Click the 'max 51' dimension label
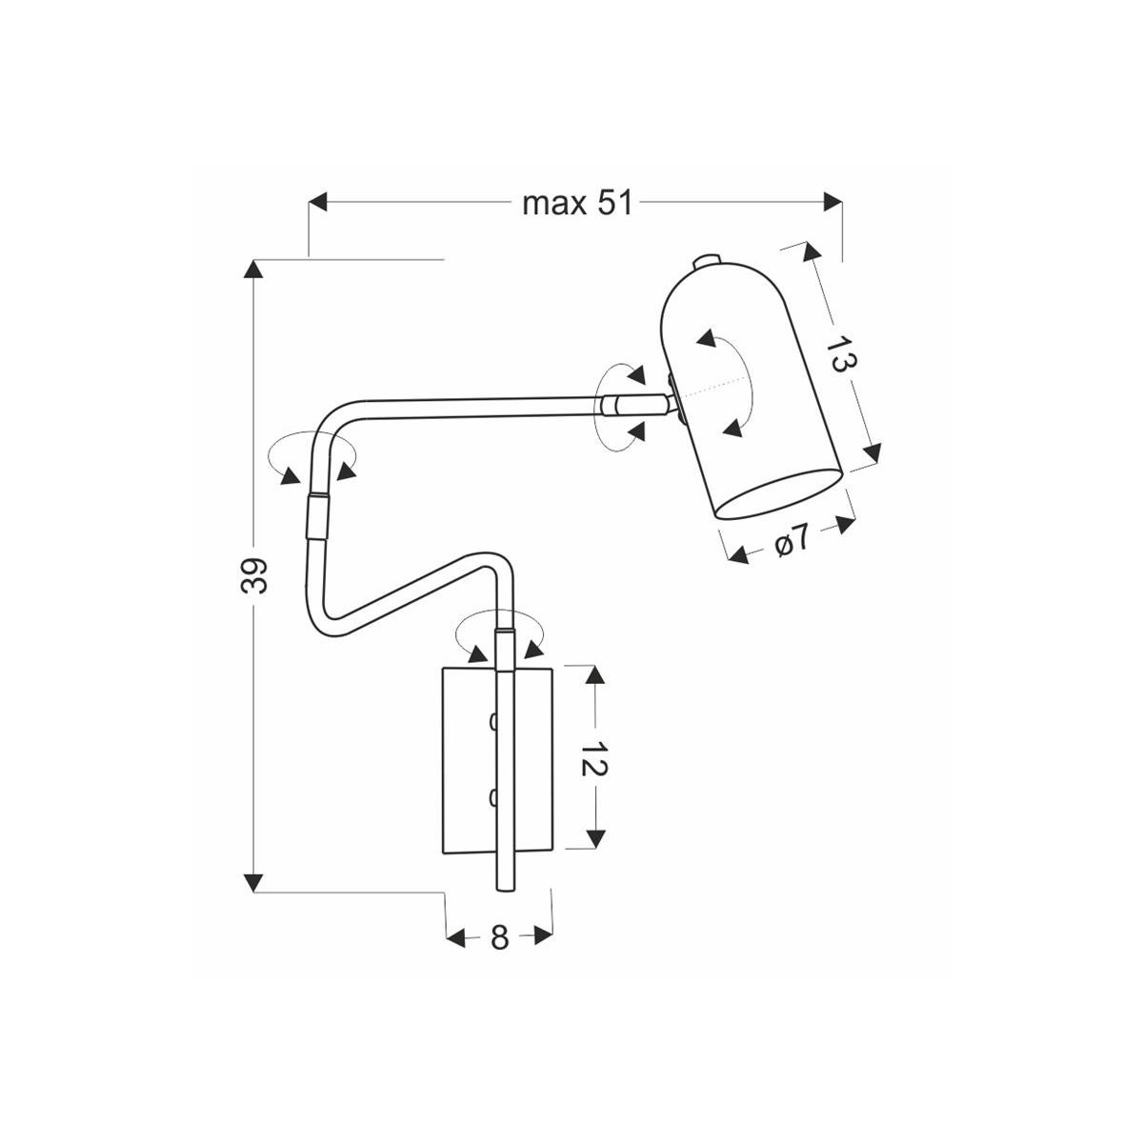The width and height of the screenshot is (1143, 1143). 577,203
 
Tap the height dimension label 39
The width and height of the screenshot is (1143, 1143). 254,575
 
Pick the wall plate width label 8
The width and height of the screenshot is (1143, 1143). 499,937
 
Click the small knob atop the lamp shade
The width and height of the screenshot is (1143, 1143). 707,261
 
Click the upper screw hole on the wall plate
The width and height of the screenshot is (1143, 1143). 492,722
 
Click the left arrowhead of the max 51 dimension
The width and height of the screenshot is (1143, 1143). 319,203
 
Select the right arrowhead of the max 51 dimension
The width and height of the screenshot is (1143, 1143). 833,203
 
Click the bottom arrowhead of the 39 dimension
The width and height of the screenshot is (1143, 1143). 253,882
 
